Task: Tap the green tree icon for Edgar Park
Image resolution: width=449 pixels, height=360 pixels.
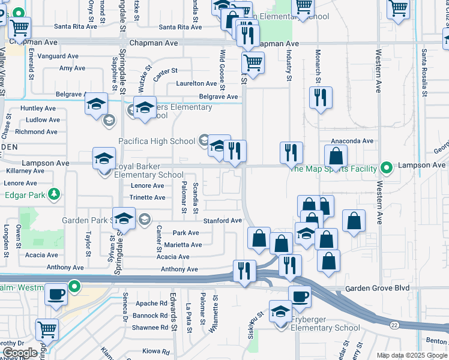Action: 55,194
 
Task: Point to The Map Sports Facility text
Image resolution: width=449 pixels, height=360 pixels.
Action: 333,169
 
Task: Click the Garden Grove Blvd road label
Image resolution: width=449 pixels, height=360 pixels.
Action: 377,288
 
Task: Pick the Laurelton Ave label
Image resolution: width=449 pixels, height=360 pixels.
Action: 196,84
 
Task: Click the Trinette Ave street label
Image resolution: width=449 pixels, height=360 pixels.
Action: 147,197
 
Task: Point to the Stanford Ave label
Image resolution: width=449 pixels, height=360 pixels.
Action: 221,221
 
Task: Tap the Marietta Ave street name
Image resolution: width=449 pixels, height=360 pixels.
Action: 183,245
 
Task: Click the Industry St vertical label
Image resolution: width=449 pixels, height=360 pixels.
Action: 289,66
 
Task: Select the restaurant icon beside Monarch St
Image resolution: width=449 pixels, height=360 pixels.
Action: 321,97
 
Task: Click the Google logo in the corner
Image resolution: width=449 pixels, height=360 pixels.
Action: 20,353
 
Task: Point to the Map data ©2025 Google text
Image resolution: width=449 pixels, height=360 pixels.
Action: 411,355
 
